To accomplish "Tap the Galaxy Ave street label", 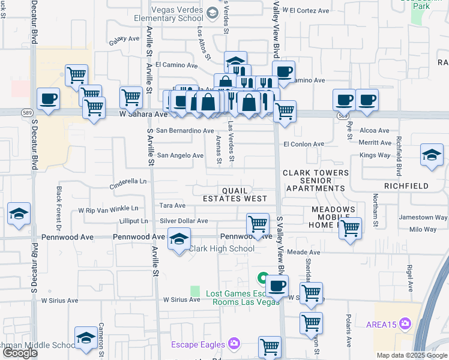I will click(124, 40).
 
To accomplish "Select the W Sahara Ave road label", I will click(143, 113).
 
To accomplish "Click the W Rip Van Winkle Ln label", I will click(108, 210).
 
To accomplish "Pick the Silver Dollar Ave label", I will click(184, 221).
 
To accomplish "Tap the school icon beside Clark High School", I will click(178, 239).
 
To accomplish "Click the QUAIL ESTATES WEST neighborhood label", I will click(235, 194).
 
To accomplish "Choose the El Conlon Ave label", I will click(304, 144).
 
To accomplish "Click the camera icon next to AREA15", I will click(406, 324).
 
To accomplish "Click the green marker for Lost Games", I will click(262, 278).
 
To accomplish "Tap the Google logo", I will click(20, 353).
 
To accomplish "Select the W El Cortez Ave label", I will click(310, 11).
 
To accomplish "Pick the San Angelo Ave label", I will click(180, 155).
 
